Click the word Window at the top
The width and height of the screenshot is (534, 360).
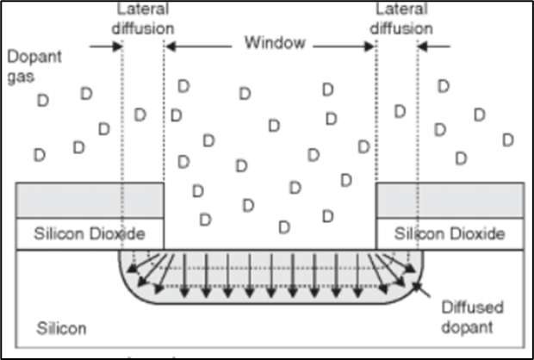tap(275, 42)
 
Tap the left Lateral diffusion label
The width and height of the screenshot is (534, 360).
tap(144, 19)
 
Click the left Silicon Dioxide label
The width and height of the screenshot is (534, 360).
tap(89, 233)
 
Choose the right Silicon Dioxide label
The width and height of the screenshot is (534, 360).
tap(450, 233)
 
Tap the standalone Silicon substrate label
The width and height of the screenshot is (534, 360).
tap(61, 328)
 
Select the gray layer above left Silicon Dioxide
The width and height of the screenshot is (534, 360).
tap(90, 200)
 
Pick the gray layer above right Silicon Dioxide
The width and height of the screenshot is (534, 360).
tap(450, 200)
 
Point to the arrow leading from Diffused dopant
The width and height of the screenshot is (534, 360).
tap(421, 292)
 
